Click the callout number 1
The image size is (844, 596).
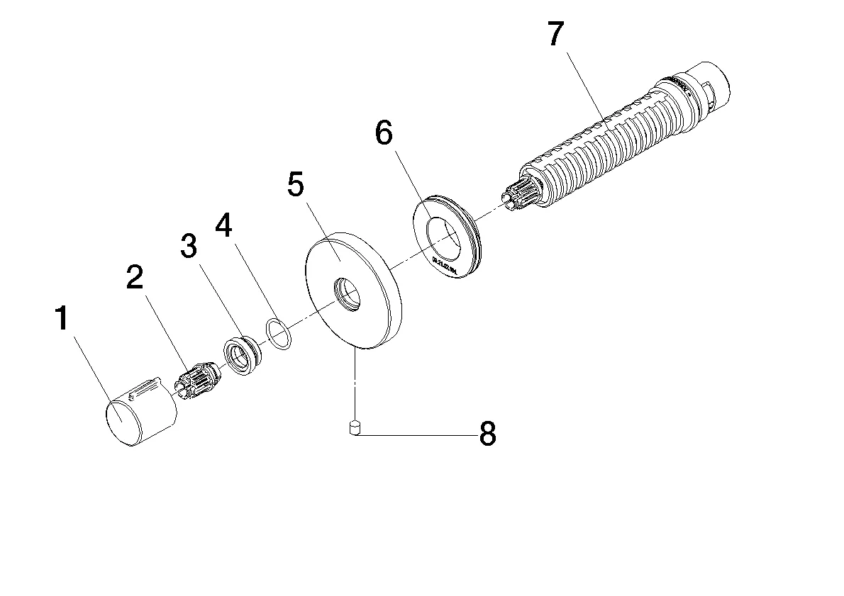pos(62,320)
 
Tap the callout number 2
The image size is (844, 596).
pos(135,278)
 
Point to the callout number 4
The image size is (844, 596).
pos(223,226)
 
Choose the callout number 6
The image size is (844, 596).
pos(383,133)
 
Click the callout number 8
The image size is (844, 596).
pos(487,434)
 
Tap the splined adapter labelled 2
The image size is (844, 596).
pos(198,381)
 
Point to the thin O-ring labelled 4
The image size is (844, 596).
pos(278,334)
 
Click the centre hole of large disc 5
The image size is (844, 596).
pos(347,293)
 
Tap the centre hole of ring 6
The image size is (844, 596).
pos(445,237)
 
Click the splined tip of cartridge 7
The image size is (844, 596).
pos(518,196)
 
